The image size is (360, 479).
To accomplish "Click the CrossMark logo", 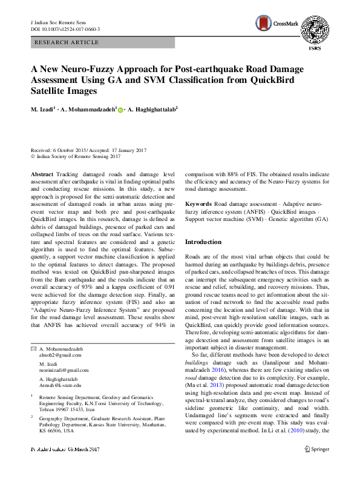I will (273, 23).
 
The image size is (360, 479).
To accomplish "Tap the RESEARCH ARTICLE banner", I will (67, 42).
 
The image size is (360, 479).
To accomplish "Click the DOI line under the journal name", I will (65, 29).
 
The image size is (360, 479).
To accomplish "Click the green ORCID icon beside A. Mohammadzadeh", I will (120, 110).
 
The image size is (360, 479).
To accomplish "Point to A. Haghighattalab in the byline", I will (152, 110).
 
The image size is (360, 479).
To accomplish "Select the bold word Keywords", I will (199, 205).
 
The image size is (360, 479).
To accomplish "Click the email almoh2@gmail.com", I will (55, 356).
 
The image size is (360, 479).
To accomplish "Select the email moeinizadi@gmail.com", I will (64, 370).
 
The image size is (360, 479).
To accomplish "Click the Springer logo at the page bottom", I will (316, 466).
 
